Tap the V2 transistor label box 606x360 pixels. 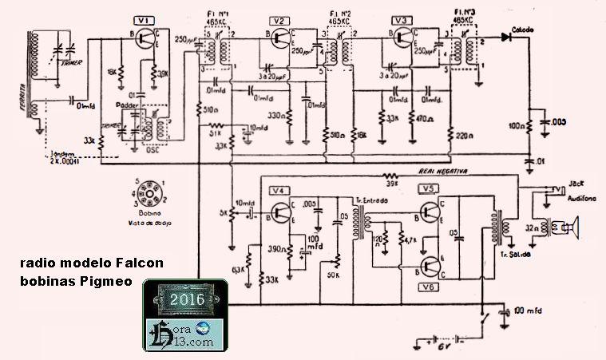(x=279, y=20)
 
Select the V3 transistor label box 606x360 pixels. (x=402, y=20)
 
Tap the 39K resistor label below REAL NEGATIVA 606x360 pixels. (x=392, y=184)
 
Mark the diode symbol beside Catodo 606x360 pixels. (x=505, y=37)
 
